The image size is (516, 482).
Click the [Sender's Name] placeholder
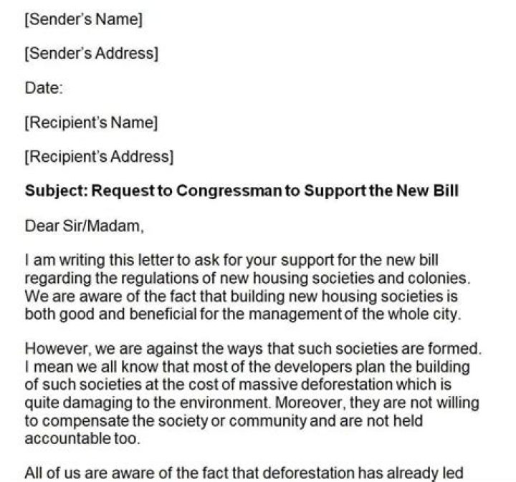(84, 20)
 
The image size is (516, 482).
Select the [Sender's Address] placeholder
(91, 54)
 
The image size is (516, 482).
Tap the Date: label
(44, 88)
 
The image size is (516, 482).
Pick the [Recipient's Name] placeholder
(91, 122)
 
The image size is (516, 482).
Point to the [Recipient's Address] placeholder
(99, 156)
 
